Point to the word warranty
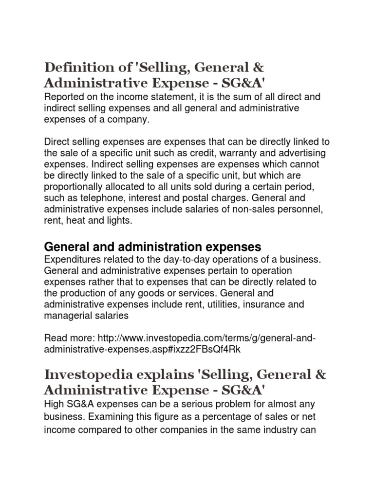pos(229,153)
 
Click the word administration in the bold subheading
pos(157,246)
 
